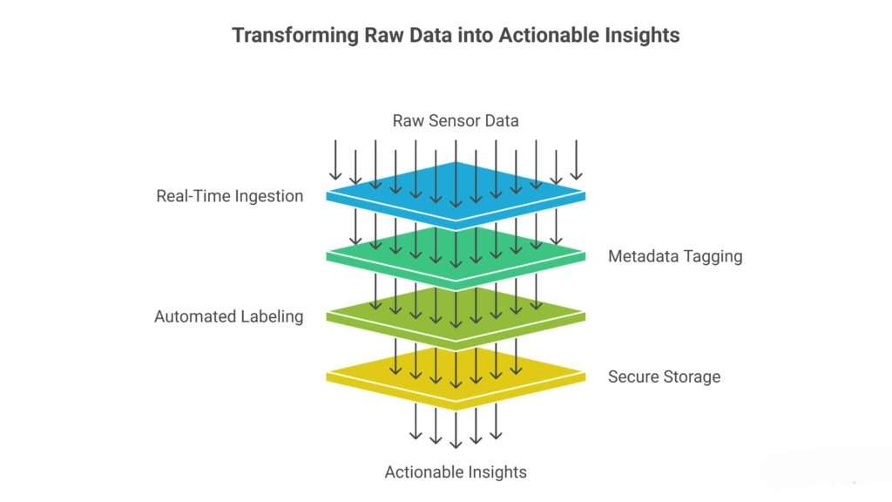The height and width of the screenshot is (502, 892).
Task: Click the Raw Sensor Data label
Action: pyautogui.click(x=455, y=120)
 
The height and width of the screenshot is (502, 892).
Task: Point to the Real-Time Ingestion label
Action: pyautogui.click(x=229, y=196)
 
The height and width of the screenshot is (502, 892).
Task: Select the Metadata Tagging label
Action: pyautogui.click(x=675, y=256)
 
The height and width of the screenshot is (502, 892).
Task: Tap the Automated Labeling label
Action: pyautogui.click(x=228, y=316)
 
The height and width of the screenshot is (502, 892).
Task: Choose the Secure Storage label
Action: pyautogui.click(x=664, y=376)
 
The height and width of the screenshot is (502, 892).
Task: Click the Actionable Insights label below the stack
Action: pyautogui.click(x=456, y=472)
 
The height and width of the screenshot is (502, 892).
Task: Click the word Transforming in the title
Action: pyautogui.click(x=286, y=36)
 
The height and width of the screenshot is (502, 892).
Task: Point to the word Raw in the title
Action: pyautogui.click(x=364, y=36)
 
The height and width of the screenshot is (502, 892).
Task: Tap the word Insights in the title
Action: pyautogui.click(x=645, y=36)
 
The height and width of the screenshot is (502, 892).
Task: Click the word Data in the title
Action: pyautogui.click(x=410, y=36)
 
